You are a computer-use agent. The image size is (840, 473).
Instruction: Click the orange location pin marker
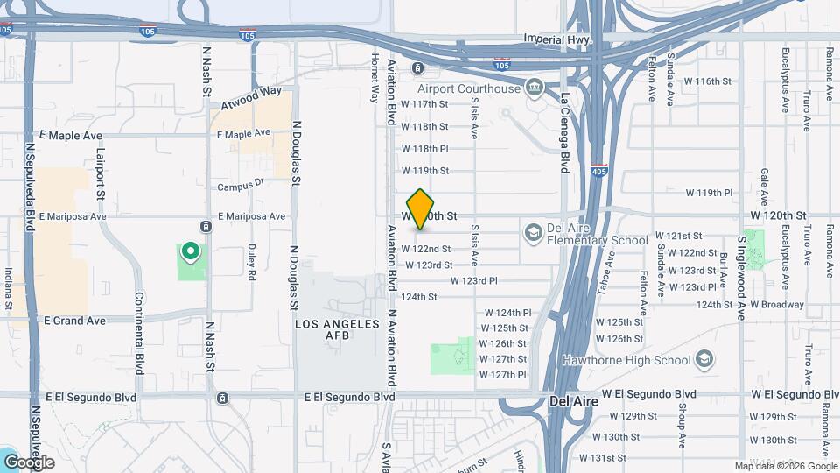(x=421, y=209)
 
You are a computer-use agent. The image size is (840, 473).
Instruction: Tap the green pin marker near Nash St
(x=190, y=254)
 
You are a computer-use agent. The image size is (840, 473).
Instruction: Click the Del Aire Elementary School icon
(x=532, y=233)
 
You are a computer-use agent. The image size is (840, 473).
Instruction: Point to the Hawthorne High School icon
(x=704, y=360)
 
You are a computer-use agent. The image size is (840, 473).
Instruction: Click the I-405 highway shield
(x=598, y=170)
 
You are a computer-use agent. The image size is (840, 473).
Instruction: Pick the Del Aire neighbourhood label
(x=573, y=402)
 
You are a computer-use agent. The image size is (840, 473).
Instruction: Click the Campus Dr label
(x=241, y=186)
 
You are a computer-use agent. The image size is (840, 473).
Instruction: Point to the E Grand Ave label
(x=74, y=321)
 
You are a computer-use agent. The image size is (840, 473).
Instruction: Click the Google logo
(x=29, y=462)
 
